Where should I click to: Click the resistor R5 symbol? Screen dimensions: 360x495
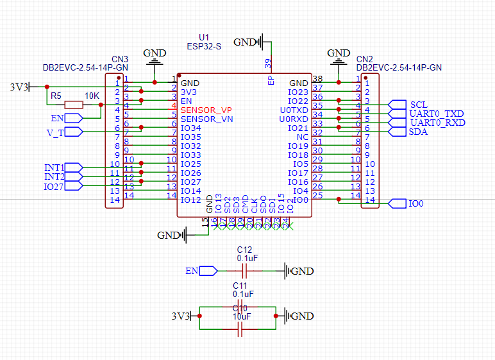coord(74,105)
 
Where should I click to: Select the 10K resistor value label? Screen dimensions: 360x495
coord(92,96)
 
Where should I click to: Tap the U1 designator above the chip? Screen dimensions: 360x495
coord(204,37)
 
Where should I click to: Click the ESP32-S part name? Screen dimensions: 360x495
coord(204,46)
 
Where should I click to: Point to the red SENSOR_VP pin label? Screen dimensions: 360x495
coord(206,110)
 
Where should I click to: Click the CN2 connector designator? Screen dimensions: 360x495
coord(364,58)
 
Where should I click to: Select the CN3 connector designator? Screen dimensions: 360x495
coord(119,58)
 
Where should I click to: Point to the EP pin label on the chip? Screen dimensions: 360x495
coord(271,80)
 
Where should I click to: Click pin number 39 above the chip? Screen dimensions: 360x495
coord(268,64)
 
